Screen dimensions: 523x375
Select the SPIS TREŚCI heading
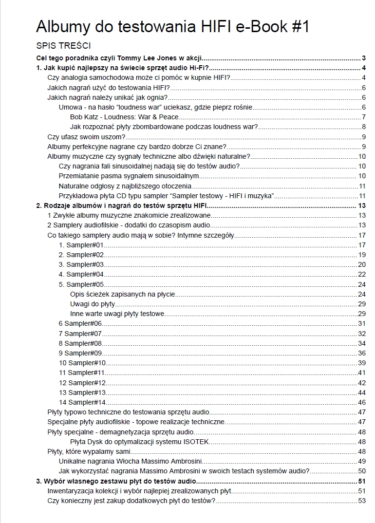[63, 46]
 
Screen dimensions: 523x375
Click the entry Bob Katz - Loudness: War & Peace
[124, 117]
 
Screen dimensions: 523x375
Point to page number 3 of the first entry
[364, 58]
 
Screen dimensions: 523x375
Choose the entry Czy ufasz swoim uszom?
[86, 136]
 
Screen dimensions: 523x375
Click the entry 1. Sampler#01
[81, 245]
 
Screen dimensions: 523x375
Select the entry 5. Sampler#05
[81, 284]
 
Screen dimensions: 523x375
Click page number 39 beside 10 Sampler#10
[362, 363]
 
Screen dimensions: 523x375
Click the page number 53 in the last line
[362, 501]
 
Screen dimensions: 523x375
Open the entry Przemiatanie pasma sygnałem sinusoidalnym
[129, 176]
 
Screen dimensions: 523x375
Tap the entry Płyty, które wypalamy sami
[82, 451]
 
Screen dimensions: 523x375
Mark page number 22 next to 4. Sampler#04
[362, 275]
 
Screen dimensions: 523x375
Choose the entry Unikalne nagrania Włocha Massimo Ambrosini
[130, 461]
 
